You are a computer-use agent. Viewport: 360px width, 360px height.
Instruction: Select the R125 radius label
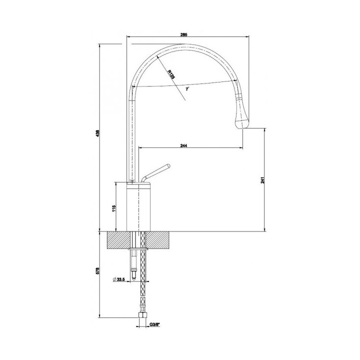point(171,73)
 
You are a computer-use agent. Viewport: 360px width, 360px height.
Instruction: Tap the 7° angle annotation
point(186,89)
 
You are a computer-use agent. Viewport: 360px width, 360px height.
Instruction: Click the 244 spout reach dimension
point(183,145)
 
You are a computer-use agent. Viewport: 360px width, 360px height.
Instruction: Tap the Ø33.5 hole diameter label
point(119,278)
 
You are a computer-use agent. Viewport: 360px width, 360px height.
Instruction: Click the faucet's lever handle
point(156,172)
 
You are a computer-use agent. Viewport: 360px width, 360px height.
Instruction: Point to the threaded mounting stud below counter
point(133,262)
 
